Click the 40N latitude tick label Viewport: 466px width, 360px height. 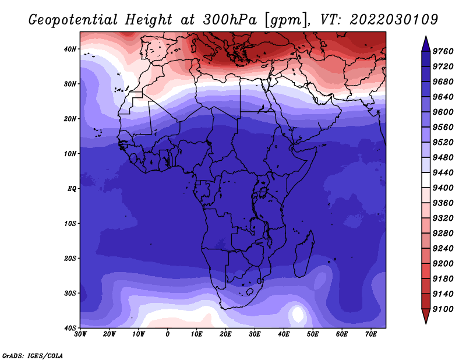70,49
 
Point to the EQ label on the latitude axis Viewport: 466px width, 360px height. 72,189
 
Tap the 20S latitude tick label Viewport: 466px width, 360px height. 70,258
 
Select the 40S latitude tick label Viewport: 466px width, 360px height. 70,328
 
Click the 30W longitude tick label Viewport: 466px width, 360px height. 80,334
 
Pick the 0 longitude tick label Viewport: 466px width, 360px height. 168,334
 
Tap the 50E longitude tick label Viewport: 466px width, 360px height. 313,334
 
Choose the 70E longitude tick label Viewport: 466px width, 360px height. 371,334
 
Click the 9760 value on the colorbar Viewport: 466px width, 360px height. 443,51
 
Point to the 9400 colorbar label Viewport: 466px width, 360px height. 443,188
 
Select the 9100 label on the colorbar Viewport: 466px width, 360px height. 443,309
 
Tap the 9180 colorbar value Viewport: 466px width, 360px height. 443,279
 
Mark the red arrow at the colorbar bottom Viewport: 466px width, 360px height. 426,315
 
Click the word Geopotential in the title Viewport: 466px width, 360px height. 73,20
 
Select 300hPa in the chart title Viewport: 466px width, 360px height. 230,20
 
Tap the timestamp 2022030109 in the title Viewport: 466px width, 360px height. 394,20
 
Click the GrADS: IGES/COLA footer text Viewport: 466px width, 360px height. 33,356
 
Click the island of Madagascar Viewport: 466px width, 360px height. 304,255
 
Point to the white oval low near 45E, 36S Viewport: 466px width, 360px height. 298,315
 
